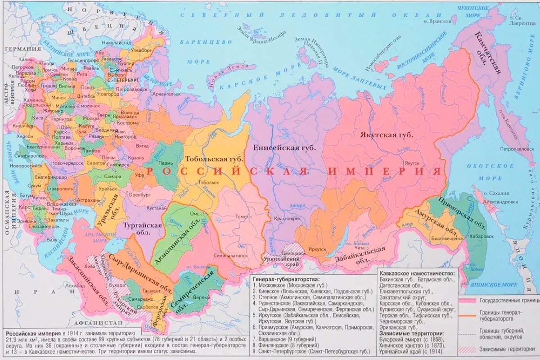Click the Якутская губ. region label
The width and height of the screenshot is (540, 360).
pyautogui.click(x=386, y=135)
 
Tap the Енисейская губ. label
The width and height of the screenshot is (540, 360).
pyautogui.click(x=284, y=147)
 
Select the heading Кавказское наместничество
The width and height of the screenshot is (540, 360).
pyautogui.click(x=417, y=273)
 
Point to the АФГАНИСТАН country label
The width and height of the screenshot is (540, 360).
pyautogui.click(x=99, y=324)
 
